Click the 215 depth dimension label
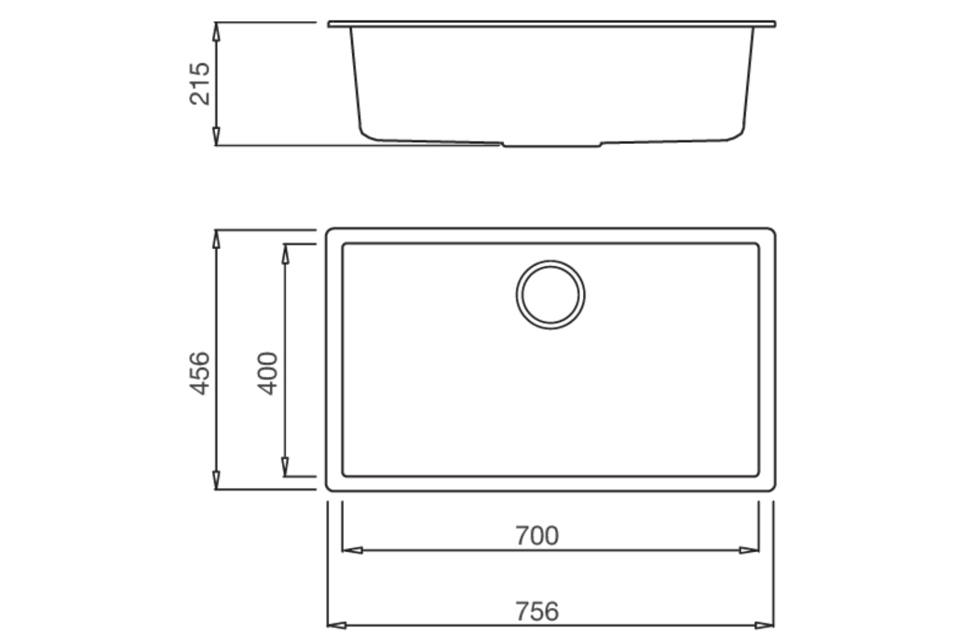pos(200,84)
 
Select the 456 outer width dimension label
pos(200,373)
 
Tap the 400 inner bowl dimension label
pos(268,373)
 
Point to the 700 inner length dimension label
pos(537,536)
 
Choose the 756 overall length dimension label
pos(537,611)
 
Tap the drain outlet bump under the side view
pos(551,145)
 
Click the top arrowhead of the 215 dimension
pos(217,32)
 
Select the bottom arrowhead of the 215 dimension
pos(217,136)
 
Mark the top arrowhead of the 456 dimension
pos(217,239)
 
